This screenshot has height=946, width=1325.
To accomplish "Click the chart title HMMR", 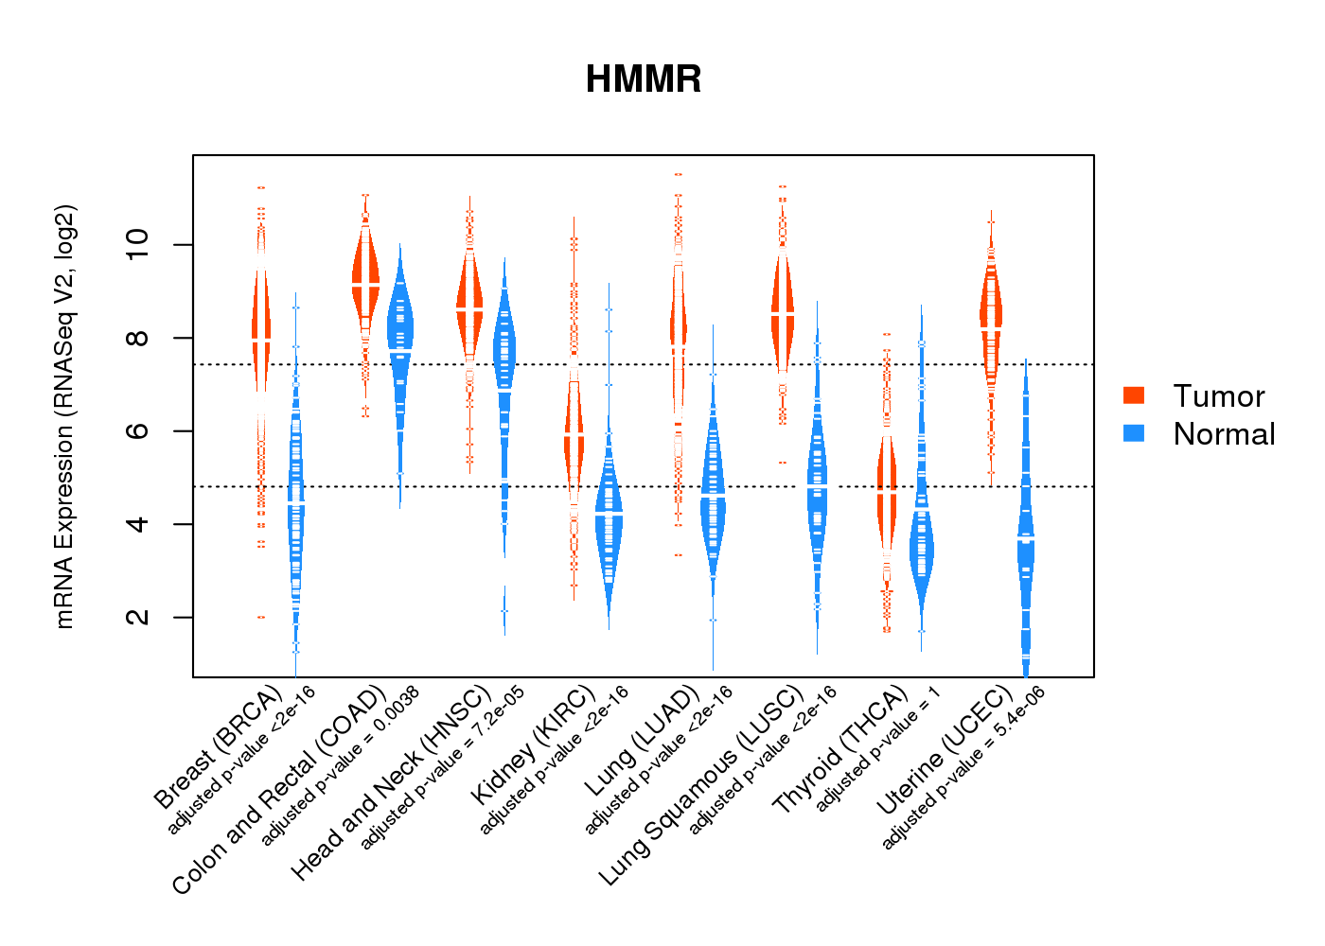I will pos(644,79).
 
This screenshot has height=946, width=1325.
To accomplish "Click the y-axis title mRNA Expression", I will pos(64,416).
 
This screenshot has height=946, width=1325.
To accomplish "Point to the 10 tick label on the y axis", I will pos(137,245).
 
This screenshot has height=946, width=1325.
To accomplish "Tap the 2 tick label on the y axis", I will pos(137,617).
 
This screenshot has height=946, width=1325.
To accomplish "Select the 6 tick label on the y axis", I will pos(137,431).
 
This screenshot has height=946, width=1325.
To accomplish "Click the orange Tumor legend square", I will pos(1134,395).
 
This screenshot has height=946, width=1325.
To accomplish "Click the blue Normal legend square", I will pos(1134,433).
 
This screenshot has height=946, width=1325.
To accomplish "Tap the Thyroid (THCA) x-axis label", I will pos(840,751).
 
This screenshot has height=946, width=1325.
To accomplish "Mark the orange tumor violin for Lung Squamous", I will pos(783,312).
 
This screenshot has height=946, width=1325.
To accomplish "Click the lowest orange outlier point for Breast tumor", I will pos(261,617).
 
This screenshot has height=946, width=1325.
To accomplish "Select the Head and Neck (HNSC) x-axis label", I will pos(390,783).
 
